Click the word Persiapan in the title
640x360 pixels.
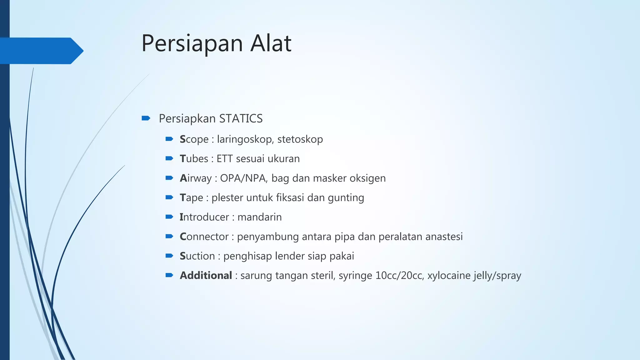coord(192,44)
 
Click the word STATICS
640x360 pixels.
coord(241,119)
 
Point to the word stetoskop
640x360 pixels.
coord(300,139)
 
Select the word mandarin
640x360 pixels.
coord(259,217)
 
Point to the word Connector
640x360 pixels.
coord(204,237)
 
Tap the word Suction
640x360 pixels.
coord(197,256)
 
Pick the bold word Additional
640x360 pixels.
coord(206,276)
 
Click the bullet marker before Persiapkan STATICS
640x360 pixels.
coord(146,118)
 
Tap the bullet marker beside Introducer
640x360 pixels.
coord(169,217)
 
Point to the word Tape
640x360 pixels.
coord(191,198)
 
